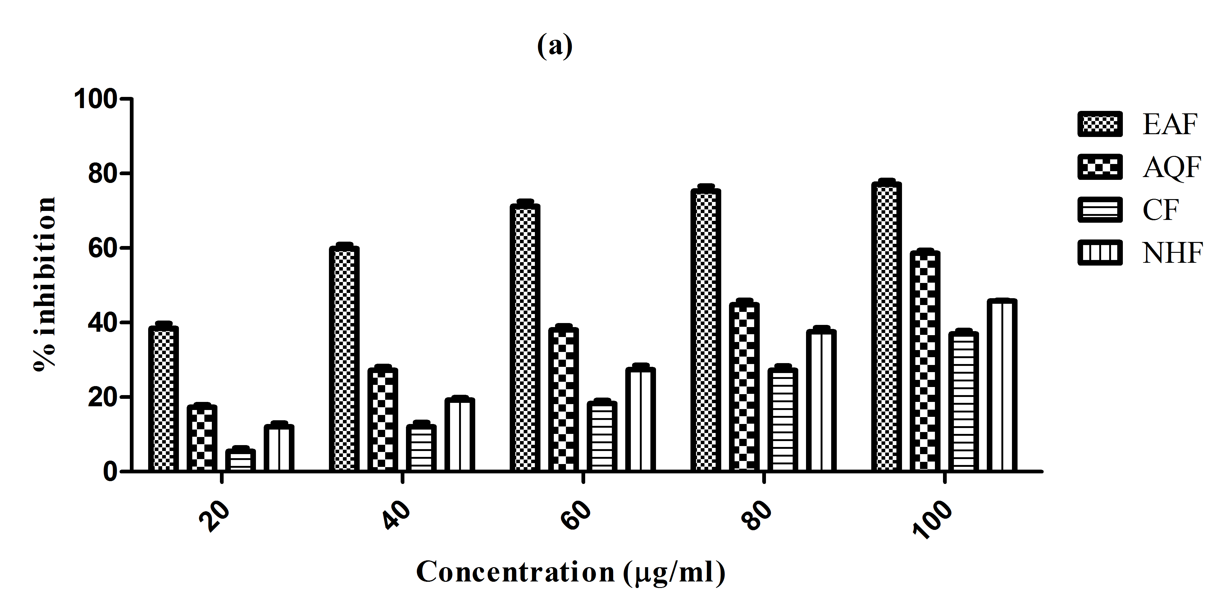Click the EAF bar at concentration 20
(163, 399)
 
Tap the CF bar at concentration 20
(240, 460)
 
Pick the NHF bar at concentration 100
(1001, 385)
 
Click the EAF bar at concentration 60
(525, 338)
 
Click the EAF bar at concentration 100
(886, 327)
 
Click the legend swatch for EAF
(1100, 125)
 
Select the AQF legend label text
(1171, 167)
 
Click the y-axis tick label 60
(101, 248)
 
